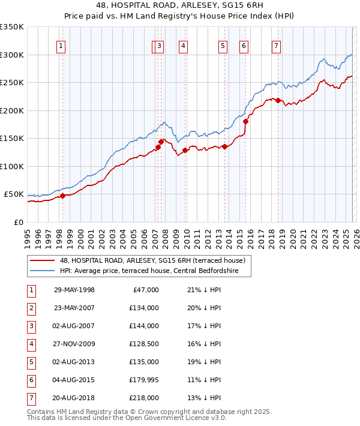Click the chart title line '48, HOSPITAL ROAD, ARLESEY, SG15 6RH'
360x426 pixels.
coord(179,4)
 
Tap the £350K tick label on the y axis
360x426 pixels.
coord(12,27)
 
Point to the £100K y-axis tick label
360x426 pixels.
coord(12,166)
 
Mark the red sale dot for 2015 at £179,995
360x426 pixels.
coord(245,121)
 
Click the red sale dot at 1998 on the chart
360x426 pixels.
coord(62,196)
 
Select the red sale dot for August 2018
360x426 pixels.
coord(278,100)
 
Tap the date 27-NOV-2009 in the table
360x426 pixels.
coord(74,344)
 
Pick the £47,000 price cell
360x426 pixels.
coord(145,290)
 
